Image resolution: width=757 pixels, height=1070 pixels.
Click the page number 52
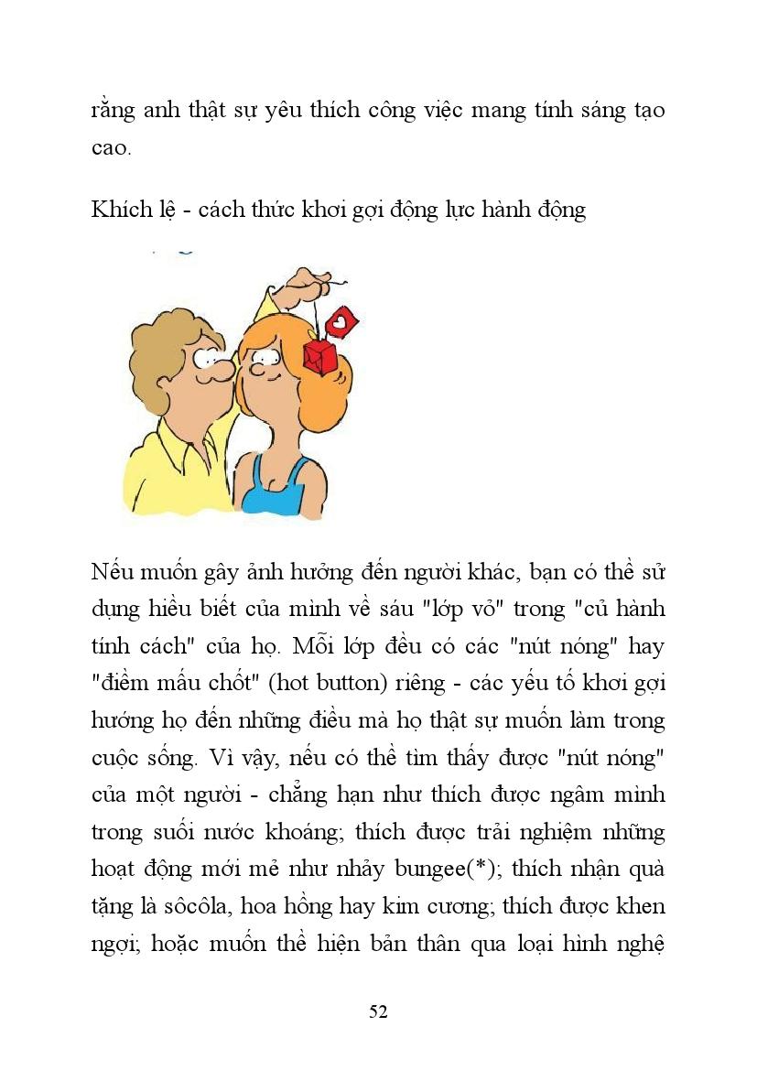pyautogui.click(x=378, y=1011)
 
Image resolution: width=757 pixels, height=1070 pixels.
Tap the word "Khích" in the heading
pyautogui.click(x=114, y=210)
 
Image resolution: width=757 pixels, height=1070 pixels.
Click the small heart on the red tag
pyautogui.click(x=341, y=322)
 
